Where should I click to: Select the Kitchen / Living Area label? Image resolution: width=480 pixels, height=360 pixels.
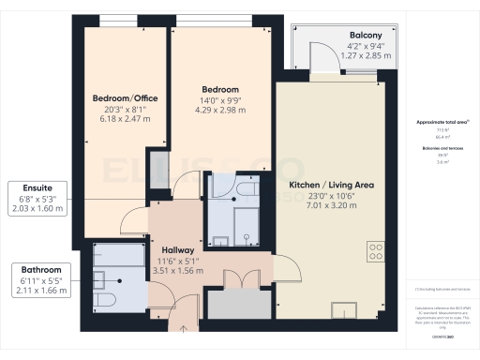pyautogui.click(x=331, y=185)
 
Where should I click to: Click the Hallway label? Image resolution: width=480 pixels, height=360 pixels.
pyautogui.click(x=177, y=250)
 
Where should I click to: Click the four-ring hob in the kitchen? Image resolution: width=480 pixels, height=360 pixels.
pyautogui.click(x=376, y=251)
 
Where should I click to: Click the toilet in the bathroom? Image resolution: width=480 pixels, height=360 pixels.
pyautogui.click(x=99, y=301)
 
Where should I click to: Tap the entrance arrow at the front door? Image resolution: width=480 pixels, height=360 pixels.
pyautogui.click(x=183, y=328)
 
